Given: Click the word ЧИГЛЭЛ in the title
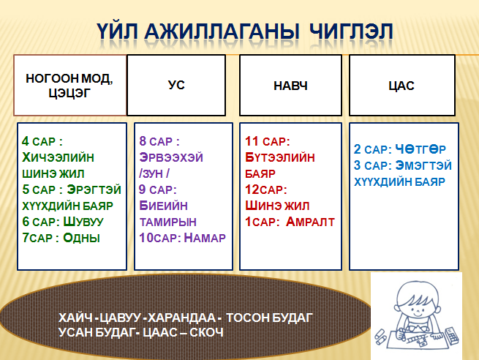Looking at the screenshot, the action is tap(351, 31).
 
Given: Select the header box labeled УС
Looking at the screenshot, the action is tap(176, 86).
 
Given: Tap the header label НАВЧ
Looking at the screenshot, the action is tap(290, 86).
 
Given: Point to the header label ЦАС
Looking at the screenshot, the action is tap(401, 86).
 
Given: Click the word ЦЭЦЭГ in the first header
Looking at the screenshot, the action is tap(69, 93).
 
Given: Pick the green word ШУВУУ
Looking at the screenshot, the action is tap(83, 222).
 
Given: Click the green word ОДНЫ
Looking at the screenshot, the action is tap(82, 238).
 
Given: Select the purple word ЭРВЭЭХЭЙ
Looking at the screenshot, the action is tap(171, 157).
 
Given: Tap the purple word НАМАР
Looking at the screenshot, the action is tap(205, 238).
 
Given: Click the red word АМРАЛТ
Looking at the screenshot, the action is tap(310, 222).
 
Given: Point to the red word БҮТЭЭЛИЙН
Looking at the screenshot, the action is tap(280, 157).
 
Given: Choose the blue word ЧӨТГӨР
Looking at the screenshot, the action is tap(420, 149).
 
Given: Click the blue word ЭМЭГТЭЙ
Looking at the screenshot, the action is tap(423, 165).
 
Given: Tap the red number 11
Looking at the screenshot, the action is tap(252, 141).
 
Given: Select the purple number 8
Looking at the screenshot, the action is tap(143, 141).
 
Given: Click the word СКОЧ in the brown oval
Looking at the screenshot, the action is tap(206, 332).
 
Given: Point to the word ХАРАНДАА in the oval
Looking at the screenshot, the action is tap(182, 318).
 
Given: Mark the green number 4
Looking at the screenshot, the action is tap(26, 141).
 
